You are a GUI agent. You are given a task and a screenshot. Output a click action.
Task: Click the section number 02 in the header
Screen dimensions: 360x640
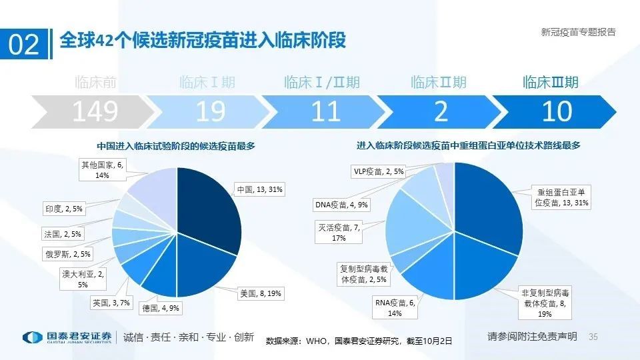click(24, 44)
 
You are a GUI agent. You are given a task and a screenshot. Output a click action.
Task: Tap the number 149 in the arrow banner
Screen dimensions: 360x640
click(95, 111)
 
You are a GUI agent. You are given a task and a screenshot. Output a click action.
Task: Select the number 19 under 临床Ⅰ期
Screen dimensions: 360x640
click(210, 111)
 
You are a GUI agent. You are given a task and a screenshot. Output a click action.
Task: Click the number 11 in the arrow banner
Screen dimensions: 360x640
click(325, 111)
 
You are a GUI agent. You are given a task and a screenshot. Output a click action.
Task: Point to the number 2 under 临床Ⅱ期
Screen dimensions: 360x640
click(441, 111)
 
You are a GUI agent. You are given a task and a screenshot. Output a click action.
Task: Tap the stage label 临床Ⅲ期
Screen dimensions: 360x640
click(550, 83)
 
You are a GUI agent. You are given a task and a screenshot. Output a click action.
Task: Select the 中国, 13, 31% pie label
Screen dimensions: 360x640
click(260, 190)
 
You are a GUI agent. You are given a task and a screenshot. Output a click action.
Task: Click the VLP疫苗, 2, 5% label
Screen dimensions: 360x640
click(377, 171)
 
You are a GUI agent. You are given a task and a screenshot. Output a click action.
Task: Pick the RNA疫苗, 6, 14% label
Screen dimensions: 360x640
click(395, 307)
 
